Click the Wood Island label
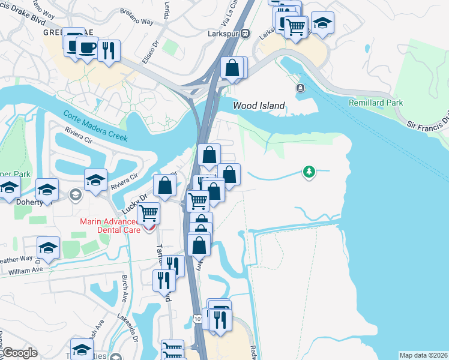(x=259, y=106)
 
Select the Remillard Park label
(x=376, y=103)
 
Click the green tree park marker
(x=309, y=172)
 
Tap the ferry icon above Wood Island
(x=300, y=89)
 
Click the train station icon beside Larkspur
(x=245, y=34)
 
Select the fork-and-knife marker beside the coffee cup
(x=108, y=50)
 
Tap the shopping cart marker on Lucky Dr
(x=148, y=212)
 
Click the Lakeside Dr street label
(x=128, y=327)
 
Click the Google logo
(x=20, y=353)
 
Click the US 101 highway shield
(x=198, y=319)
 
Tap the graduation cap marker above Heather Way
(x=49, y=248)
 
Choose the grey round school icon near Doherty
(x=76, y=194)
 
